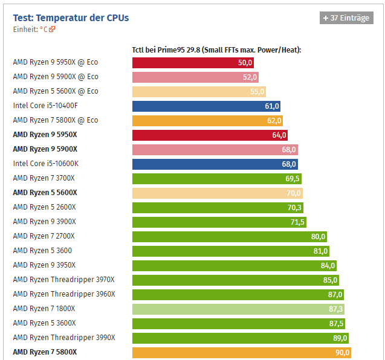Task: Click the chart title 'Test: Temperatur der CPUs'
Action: click(71, 18)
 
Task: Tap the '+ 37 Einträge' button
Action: click(346, 18)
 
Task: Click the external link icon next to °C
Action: click(52, 29)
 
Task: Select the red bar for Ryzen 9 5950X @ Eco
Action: click(193, 62)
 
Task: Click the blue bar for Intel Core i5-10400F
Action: click(206, 106)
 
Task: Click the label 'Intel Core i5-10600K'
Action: click(45, 164)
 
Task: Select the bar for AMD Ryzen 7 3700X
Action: click(216, 178)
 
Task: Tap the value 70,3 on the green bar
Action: click(295, 207)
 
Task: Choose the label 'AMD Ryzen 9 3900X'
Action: click(44, 222)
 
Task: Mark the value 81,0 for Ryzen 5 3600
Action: click(320, 251)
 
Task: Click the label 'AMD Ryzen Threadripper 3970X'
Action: click(63, 280)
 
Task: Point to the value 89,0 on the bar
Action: click(340, 338)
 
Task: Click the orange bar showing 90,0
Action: click(242, 352)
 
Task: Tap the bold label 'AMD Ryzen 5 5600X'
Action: click(45, 193)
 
